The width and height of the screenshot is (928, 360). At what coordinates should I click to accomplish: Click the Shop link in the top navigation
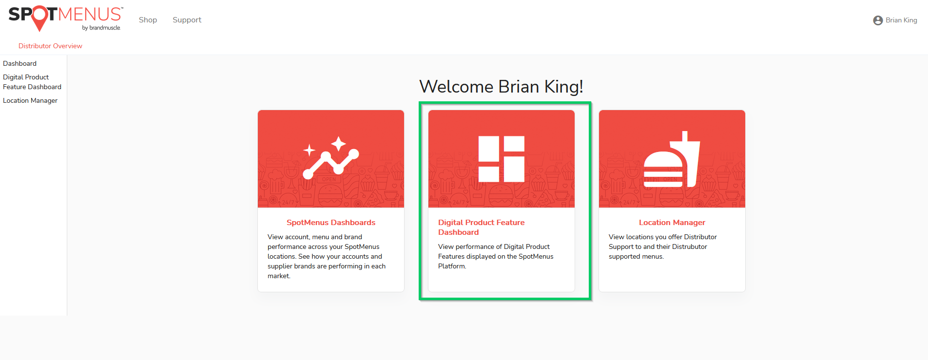point(148,20)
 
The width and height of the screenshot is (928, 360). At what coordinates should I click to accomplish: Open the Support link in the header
point(187,20)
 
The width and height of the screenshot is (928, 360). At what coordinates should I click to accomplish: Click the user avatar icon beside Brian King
point(878,20)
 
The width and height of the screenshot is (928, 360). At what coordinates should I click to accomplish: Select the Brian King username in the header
point(901,20)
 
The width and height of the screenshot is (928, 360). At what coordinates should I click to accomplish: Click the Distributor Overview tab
point(50,46)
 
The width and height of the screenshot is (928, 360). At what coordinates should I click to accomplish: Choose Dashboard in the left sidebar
point(19,63)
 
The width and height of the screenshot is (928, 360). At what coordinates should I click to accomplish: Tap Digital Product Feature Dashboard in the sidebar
point(32,82)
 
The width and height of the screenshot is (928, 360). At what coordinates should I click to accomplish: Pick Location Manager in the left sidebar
point(30,100)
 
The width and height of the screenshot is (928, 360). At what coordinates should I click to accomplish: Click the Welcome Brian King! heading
point(501,87)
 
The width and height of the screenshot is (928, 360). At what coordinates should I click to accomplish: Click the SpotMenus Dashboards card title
point(331,223)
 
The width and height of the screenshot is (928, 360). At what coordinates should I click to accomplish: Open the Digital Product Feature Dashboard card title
point(481,227)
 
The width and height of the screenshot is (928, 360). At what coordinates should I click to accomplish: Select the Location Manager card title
point(672,223)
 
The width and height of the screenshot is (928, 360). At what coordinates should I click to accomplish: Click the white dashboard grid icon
point(502,159)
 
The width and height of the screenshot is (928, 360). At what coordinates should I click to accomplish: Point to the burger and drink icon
point(672,159)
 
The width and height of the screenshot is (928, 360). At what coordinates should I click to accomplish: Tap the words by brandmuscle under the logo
point(101,28)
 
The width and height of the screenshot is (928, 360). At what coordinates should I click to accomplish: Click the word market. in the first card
point(279,276)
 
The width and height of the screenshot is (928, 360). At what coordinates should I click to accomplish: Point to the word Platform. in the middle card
point(452,266)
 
